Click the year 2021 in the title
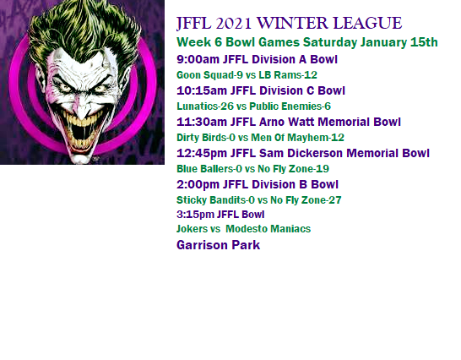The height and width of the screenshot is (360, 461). tap(233, 24)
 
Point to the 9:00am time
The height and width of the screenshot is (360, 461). tap(198, 59)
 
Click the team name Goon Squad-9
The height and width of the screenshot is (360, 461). tap(209, 75)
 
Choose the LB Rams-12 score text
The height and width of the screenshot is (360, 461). tap(288, 75)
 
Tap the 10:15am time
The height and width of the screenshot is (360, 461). tap(202, 90)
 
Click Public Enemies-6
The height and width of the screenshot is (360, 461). tap(290, 106)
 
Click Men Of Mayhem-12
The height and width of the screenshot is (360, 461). tap(297, 138)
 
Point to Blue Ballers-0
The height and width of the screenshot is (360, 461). tap(209, 169)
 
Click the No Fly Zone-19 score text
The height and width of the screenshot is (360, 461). tap(294, 169)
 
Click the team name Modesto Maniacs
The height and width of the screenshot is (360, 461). tap(268, 229)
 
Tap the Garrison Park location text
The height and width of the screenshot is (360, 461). tap(218, 245)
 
